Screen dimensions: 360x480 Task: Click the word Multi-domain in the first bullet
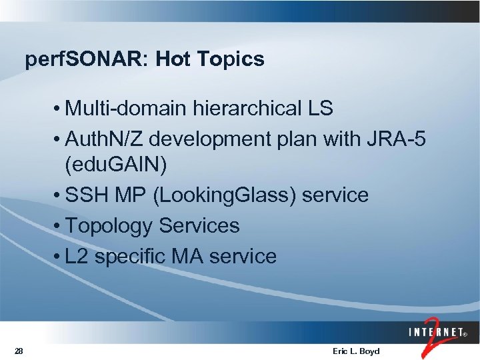click(127, 108)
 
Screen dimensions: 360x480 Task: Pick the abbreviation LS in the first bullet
click(320, 108)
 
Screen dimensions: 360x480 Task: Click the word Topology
click(109, 226)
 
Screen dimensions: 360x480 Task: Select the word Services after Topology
click(199, 226)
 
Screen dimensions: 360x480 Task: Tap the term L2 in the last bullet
click(77, 256)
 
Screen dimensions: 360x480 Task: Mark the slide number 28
click(19, 351)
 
